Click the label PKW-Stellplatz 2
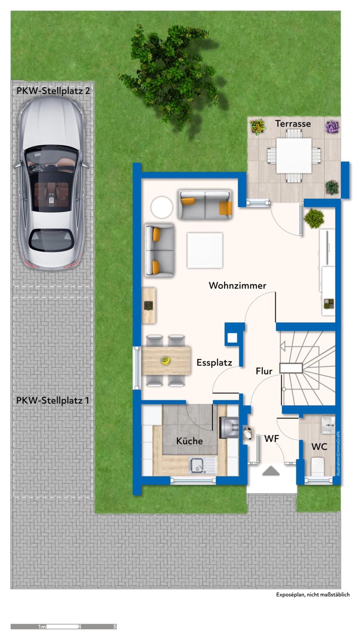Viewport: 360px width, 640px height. point(53,91)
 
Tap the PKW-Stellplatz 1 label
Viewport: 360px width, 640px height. point(52,401)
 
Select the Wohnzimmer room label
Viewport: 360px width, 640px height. point(237,285)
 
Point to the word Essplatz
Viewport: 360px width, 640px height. point(214,363)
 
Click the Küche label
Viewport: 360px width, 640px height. point(189,441)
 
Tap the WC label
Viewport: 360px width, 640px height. point(319,447)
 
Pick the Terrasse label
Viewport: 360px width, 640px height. point(293,124)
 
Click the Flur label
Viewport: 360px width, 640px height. point(264,371)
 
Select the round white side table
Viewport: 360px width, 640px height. point(162,207)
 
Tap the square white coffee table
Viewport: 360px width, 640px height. point(205,250)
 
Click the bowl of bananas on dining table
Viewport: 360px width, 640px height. point(166,360)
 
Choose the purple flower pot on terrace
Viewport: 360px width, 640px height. point(332,127)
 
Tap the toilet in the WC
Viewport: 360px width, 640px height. point(318,466)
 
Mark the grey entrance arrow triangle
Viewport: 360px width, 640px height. point(271,471)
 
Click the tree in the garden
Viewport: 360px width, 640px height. point(169,75)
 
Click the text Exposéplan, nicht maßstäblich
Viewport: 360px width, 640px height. point(313,595)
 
